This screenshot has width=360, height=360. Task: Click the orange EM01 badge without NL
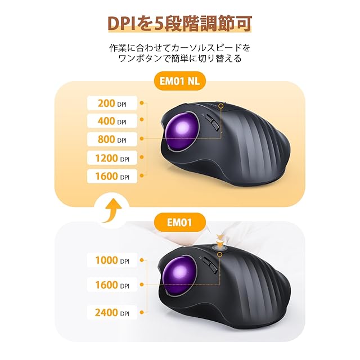[x=180, y=222]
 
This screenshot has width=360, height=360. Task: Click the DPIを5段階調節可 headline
[x=180, y=23]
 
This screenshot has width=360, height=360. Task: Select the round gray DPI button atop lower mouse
[x=218, y=246]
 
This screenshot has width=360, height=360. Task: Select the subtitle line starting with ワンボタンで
[x=180, y=58]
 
